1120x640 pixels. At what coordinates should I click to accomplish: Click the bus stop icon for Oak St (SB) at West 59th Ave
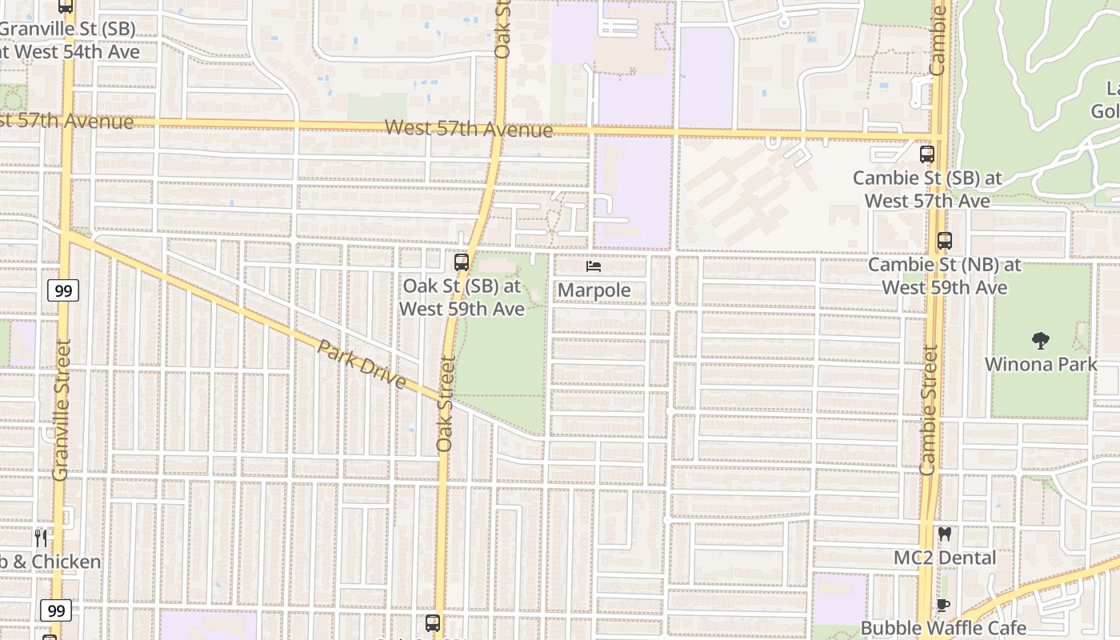coord(462,262)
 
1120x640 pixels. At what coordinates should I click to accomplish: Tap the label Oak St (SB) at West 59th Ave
coord(462,297)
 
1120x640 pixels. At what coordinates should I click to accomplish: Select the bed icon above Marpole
coord(594,266)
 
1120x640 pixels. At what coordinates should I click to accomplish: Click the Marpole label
coord(594,290)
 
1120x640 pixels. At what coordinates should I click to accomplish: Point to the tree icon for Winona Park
coord(1041,341)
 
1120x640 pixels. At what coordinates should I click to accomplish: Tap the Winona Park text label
coord(1041,364)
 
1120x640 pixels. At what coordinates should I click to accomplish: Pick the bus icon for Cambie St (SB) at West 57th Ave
coord(927,154)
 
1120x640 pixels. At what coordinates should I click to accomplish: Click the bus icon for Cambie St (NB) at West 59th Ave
coord(945,240)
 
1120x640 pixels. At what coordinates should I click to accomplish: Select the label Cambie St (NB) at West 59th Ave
coord(945,275)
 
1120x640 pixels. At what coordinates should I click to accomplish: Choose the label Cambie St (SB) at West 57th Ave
coord(927,190)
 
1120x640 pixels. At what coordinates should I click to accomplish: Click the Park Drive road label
coord(362,364)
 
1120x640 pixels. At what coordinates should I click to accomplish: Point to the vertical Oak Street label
coord(446,404)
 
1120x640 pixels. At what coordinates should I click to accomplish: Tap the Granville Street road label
coord(62,410)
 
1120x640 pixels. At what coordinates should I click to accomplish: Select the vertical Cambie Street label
coord(928,410)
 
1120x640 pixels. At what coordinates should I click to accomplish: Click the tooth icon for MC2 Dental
coord(945,534)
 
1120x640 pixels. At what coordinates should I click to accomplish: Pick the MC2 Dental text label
coord(945,558)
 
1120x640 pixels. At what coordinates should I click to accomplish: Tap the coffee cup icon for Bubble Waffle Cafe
coord(943,605)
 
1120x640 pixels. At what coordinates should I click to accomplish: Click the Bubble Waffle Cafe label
coord(943,628)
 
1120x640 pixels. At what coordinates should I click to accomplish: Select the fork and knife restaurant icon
coord(41,538)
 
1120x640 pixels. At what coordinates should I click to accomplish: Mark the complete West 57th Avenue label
coord(469,129)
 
